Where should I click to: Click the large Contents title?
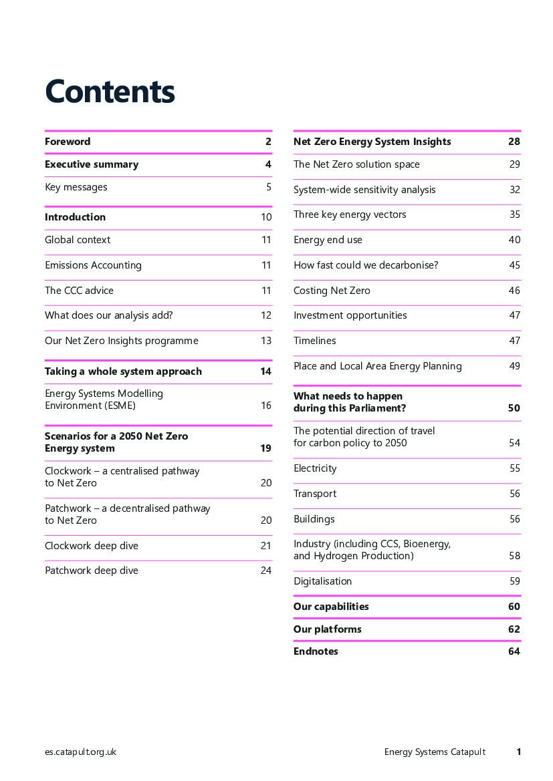click(110, 92)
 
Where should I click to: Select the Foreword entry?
click(68, 142)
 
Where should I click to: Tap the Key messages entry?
click(76, 187)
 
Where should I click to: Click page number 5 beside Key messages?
click(269, 187)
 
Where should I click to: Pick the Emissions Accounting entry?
click(93, 265)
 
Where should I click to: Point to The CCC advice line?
click(79, 291)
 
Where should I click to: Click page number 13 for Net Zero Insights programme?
click(266, 341)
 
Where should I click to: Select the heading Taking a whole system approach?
click(123, 371)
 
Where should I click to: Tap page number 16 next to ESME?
click(266, 406)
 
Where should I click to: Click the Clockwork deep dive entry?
click(92, 546)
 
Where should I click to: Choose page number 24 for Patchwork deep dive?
click(266, 571)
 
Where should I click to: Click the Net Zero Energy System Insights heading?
click(372, 142)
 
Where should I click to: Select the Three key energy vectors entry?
click(350, 214)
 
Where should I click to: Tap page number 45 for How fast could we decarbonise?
click(514, 265)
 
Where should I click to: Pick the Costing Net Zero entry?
click(332, 291)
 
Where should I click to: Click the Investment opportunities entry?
click(350, 315)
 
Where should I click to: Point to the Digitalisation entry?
click(322, 581)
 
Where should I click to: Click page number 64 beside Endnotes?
click(514, 651)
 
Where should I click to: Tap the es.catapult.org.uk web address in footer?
click(80, 752)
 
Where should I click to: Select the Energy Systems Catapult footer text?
click(435, 752)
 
